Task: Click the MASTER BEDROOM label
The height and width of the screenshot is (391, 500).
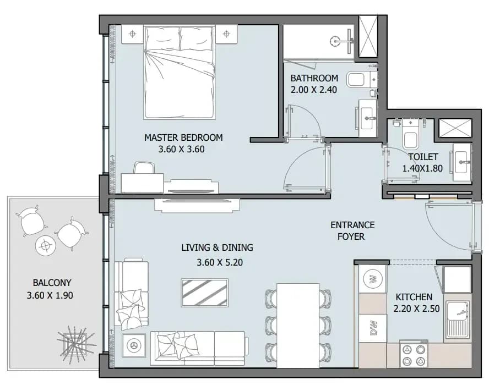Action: coord(183,137)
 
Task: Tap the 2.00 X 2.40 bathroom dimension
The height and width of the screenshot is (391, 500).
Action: coord(313,90)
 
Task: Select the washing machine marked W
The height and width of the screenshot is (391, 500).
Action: coord(373,279)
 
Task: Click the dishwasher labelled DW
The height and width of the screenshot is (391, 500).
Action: coord(373,328)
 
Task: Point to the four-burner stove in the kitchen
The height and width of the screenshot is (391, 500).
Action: coord(414,355)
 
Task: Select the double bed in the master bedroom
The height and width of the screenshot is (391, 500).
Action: coord(180,73)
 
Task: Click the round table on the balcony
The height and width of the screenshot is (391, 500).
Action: coord(46,245)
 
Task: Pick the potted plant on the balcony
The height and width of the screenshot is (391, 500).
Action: coord(75,344)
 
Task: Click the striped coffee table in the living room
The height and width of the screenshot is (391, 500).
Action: coord(205,293)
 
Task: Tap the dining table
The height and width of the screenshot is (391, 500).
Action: coord(298,326)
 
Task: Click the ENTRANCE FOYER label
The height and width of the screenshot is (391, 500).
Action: coord(352,231)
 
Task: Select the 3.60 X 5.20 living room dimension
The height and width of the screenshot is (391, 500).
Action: coord(220,263)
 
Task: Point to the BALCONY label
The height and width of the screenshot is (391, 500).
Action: coord(52,283)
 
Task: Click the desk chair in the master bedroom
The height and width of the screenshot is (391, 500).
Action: coord(144,168)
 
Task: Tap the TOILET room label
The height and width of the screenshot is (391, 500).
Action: coord(423,157)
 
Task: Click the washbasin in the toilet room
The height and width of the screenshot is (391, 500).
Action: coord(462,162)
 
